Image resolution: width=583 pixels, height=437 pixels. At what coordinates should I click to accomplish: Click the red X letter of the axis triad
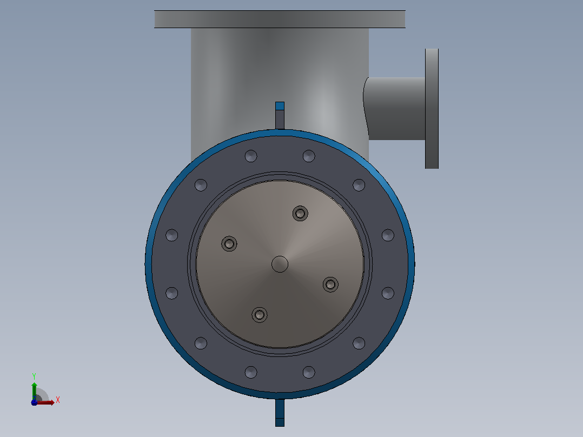(x=58, y=400)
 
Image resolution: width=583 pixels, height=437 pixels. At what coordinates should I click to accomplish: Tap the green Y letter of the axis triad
(x=34, y=376)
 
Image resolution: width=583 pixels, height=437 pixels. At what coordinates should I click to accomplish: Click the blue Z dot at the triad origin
(x=34, y=402)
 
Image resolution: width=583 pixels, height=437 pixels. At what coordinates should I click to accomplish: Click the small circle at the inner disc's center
(x=280, y=264)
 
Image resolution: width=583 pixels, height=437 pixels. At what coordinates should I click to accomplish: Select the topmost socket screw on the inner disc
(x=300, y=214)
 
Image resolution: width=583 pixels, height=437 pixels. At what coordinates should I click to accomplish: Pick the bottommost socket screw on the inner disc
(x=260, y=315)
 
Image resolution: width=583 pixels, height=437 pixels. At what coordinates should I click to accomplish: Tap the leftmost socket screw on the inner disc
(x=229, y=244)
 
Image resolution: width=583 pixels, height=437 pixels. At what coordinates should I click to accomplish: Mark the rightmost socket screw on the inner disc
(x=330, y=284)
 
